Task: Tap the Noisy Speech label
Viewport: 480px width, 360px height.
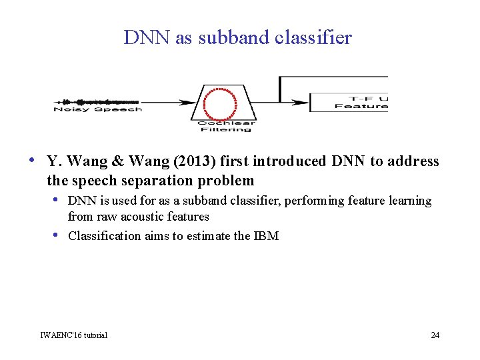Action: pos(97,109)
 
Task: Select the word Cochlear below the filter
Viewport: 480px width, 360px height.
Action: pos(227,122)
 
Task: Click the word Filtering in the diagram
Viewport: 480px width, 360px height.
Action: pos(227,129)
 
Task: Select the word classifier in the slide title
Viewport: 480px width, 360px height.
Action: pos(313,38)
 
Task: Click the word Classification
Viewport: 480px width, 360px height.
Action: pos(105,235)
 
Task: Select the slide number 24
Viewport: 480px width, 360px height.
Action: pos(435,335)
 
